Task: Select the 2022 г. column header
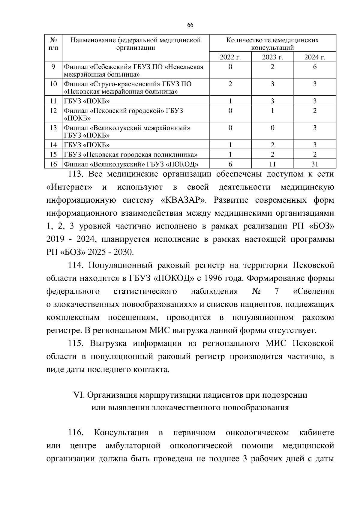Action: coord(230,57)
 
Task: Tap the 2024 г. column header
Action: coord(315,57)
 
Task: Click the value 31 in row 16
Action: coord(315,164)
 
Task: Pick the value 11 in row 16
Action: coord(272,164)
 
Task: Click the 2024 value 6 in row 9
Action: coord(315,67)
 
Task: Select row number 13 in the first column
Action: coord(53,128)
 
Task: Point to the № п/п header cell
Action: coord(53,44)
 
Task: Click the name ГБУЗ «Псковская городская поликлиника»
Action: coord(131,155)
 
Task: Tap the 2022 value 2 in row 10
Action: coord(230,84)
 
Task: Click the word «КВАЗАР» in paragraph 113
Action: coord(184,200)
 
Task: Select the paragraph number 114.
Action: coord(76,265)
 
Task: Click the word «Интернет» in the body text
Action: coord(69,187)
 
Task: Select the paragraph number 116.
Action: coord(76,433)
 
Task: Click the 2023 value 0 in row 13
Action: coord(272,128)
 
